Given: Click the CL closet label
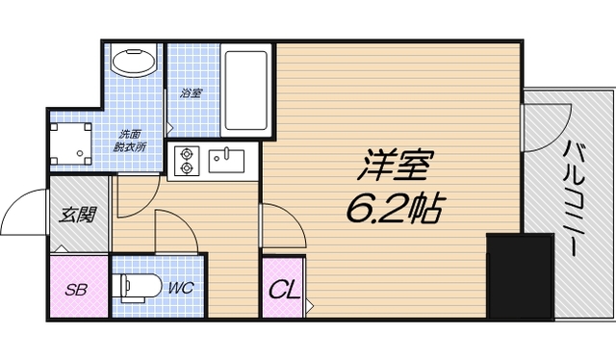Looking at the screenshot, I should click(283, 289).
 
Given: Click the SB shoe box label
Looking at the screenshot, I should click(74, 288).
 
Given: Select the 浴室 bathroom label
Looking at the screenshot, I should click(191, 93).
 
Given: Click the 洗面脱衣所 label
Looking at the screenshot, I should click(130, 141).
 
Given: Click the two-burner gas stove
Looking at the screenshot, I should click(184, 160).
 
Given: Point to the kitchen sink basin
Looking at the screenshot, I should click(227, 158).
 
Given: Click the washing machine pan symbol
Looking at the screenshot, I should click(73, 143).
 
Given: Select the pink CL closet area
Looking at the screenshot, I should click(283, 288).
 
